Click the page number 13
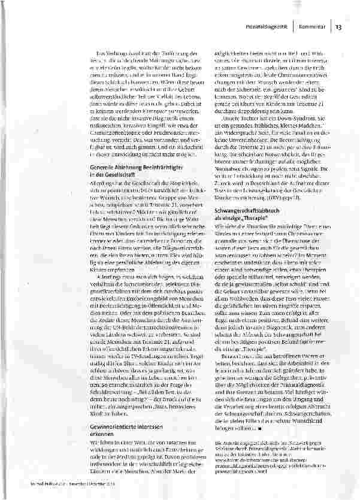338,27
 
